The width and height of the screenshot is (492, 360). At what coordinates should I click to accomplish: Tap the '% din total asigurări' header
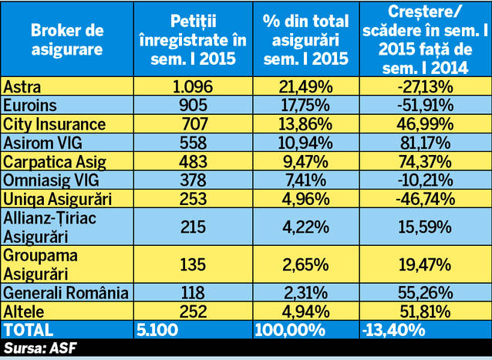pyautogui.click(x=306, y=39)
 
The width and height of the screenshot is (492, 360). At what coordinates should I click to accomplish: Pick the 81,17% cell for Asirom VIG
pyautogui.click(x=422, y=143)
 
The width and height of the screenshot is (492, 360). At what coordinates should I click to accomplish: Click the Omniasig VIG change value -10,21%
pyautogui.click(x=422, y=180)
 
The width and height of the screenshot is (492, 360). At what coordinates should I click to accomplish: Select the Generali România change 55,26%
pyautogui.click(x=422, y=293)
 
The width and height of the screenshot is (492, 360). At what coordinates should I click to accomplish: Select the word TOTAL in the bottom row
pyautogui.click(x=28, y=330)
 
